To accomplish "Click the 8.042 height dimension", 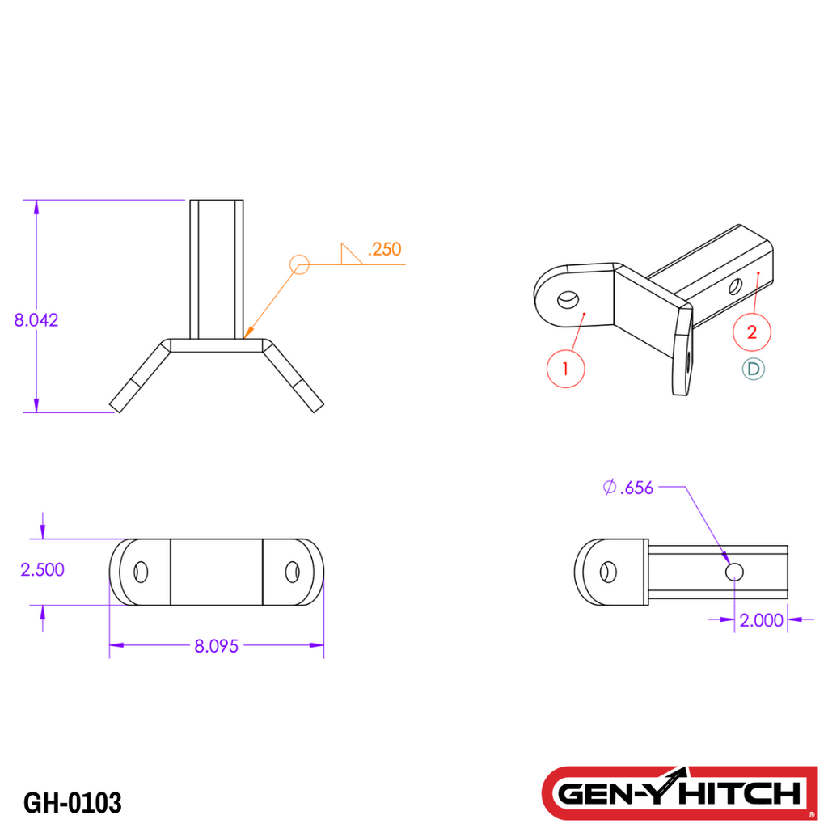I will click(36, 319).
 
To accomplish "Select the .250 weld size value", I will click(384, 249).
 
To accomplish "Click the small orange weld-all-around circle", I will click(299, 264).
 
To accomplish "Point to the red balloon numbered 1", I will click(565, 369).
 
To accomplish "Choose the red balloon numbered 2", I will click(752, 331).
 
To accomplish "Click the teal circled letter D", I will click(754, 369).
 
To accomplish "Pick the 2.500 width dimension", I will click(42, 569).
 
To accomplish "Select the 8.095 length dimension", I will click(216, 646).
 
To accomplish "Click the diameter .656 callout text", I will click(628, 487).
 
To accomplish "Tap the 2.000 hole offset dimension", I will click(761, 620).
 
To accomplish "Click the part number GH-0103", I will click(73, 803).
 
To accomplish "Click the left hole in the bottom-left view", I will click(142, 572).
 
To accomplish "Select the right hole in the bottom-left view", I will click(292, 572).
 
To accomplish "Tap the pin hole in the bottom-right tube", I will click(734, 572).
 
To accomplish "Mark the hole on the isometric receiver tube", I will click(735, 285).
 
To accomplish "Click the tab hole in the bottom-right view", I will click(604, 572).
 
